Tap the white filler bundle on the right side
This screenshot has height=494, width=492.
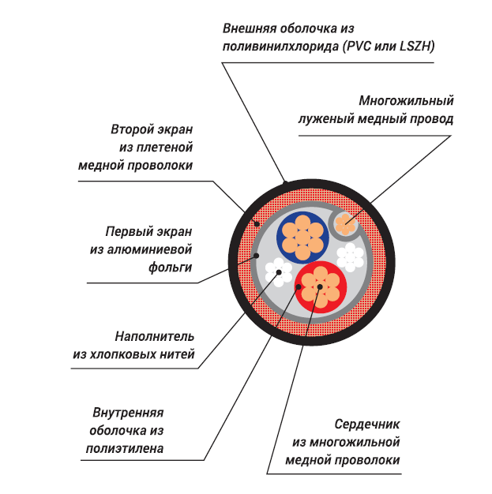(350, 256)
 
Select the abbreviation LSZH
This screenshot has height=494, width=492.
(412, 47)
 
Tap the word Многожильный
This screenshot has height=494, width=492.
(405, 101)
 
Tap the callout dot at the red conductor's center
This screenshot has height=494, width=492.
(320, 287)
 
